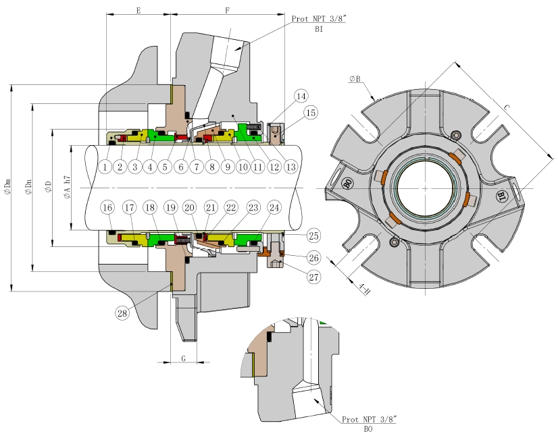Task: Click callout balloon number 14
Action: tap(301, 96)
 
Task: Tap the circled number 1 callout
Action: tap(105, 165)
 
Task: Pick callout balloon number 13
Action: tap(292, 165)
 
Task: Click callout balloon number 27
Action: tap(313, 277)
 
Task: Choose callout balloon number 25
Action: tap(313, 236)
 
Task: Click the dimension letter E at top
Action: tap(138, 11)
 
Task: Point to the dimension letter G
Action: tap(183, 358)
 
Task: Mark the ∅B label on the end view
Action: tap(355, 79)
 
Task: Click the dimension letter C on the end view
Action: tap(507, 107)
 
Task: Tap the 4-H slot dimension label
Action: tap(364, 290)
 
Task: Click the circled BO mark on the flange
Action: tap(347, 184)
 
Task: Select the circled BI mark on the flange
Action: tap(502, 196)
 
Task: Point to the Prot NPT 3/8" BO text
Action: tap(368, 423)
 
